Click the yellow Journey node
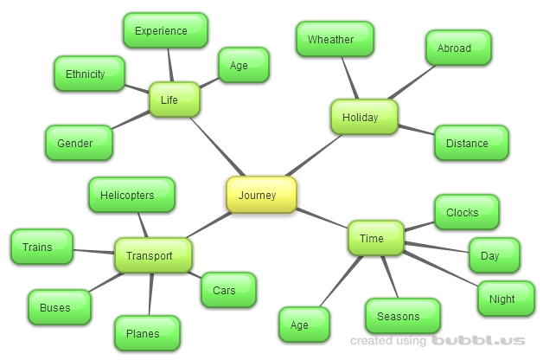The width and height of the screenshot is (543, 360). click(261, 195)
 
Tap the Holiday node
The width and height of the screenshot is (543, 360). click(364, 117)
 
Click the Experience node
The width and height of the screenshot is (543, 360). click(164, 31)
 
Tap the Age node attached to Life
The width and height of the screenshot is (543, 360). click(239, 65)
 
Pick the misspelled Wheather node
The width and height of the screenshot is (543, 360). click(335, 40)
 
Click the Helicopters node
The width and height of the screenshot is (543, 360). click(131, 195)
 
